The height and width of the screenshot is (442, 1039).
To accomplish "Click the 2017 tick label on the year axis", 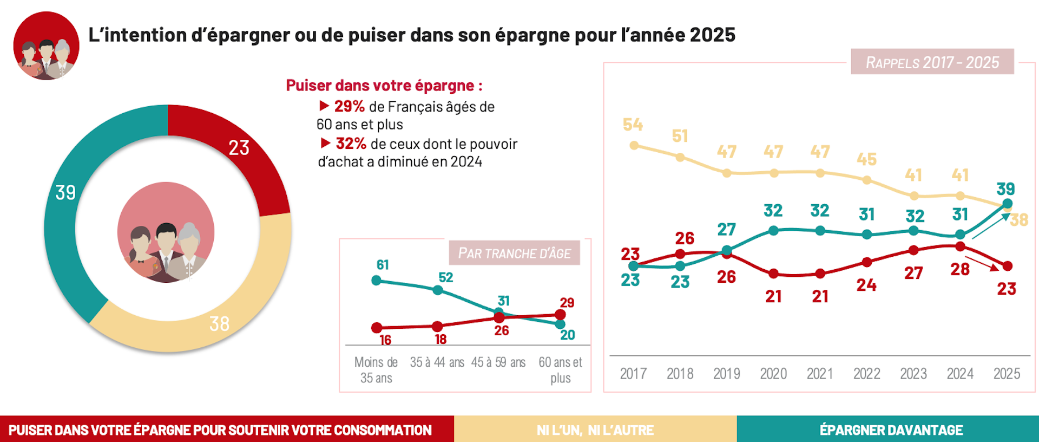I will pos(633,374).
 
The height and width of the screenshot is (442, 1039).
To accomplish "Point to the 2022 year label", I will pos(866,374).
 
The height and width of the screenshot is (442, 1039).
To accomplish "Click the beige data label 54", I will pos(633,125).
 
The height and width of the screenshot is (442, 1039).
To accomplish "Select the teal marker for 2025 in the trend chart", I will pos(1007,204).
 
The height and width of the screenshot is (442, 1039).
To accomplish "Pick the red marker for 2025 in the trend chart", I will pos(1007,266).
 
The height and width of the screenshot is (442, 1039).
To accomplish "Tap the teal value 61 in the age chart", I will pos(383,265).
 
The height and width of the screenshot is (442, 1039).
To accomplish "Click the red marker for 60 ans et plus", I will pos(560,314).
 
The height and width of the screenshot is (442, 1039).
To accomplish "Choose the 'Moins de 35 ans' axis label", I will pos(376,370).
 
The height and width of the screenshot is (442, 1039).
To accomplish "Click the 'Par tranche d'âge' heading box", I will pos(514,253).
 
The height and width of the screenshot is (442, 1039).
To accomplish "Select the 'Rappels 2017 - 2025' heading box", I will pos(932,62).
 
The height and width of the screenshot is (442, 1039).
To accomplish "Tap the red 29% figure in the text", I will pos(349,106).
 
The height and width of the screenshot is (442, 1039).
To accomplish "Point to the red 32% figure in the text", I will pos(351,144).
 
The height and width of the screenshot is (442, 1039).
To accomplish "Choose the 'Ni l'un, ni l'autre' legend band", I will pos(595,430).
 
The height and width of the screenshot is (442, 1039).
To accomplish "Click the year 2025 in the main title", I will pos(712,35).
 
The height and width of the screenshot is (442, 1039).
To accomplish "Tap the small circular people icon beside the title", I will pos(47,46).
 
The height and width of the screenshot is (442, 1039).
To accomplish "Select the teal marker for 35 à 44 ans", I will pos(438,290).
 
